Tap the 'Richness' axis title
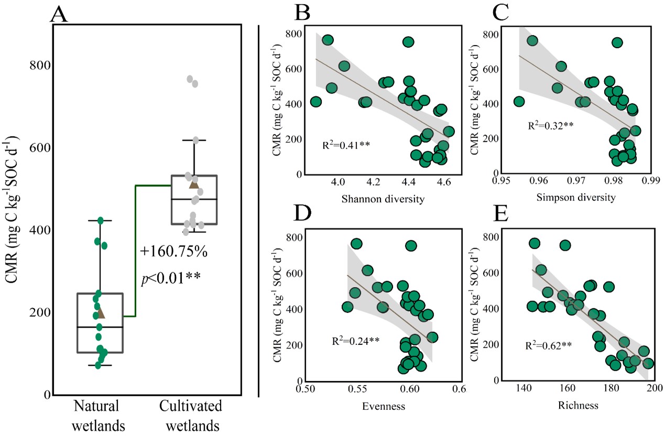click(586, 406)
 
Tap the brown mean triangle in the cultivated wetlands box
click(194, 184)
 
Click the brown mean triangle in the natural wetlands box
click(101, 314)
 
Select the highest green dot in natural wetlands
click(101, 220)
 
